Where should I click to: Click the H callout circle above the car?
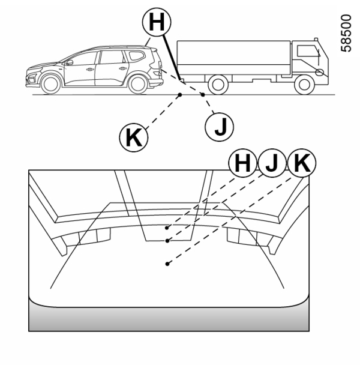pyautogui.click(x=157, y=22)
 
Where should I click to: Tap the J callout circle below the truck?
pyautogui.click(x=220, y=127)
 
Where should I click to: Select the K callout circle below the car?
pyautogui.click(x=134, y=137)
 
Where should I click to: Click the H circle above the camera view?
pyautogui.click(x=243, y=163)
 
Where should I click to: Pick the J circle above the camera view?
pyautogui.click(x=272, y=163)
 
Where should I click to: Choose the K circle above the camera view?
pyautogui.click(x=302, y=163)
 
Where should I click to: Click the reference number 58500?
pyautogui.click(x=346, y=33)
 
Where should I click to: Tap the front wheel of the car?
pyautogui.click(x=50, y=84)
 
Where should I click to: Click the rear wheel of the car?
pyautogui.click(x=138, y=84)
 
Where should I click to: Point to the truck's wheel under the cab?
pyautogui.click(x=304, y=85)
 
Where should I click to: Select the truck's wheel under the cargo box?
pyautogui.click(x=218, y=85)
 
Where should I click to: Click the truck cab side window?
pyautogui.click(x=308, y=51)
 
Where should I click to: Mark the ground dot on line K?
pyautogui.click(x=180, y=94)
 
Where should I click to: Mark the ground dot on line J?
pyautogui.click(x=203, y=94)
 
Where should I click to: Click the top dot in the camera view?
pyautogui.click(x=167, y=228)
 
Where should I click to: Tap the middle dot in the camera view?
pyautogui.click(x=167, y=241)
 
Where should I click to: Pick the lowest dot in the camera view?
pyautogui.click(x=167, y=264)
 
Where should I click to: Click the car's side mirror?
pyautogui.click(x=70, y=62)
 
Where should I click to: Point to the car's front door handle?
pyautogui.click(x=89, y=70)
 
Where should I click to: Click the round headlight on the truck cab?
pyautogui.click(x=319, y=73)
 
